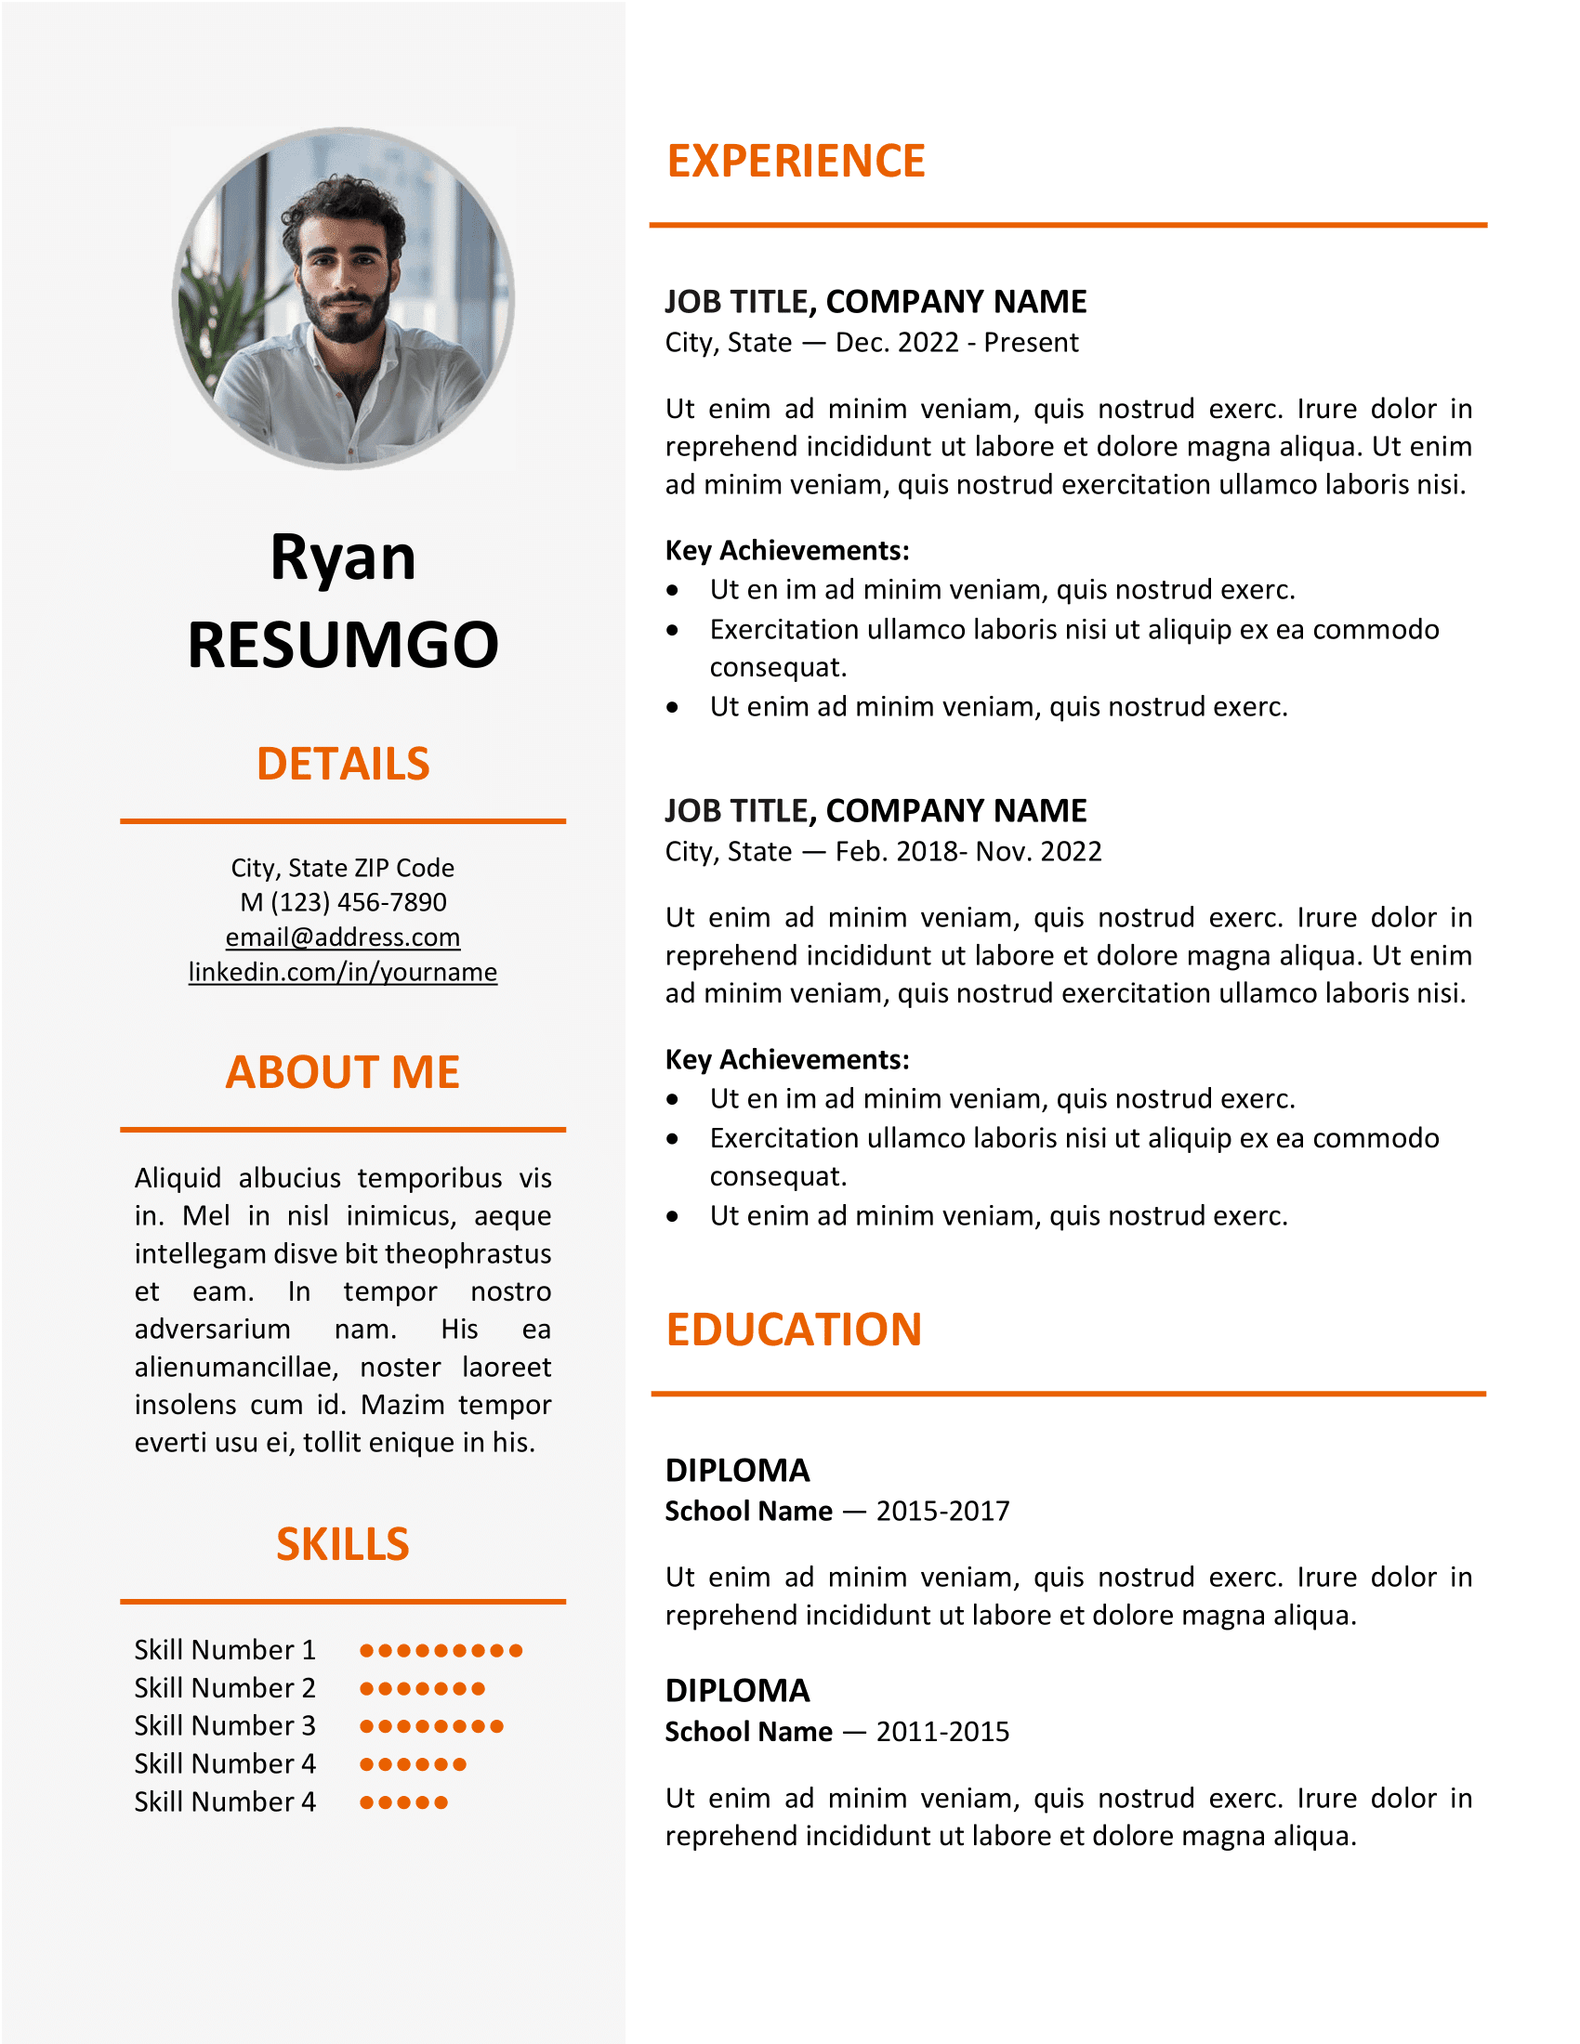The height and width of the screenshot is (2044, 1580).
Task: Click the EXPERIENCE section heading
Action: pos(796,161)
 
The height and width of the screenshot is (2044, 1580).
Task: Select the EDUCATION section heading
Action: pos(794,1330)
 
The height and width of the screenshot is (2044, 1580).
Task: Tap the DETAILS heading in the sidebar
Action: pos(343,764)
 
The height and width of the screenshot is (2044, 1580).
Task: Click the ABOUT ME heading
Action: pos(343,1072)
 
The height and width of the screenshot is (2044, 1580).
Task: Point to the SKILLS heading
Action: pos(343,1544)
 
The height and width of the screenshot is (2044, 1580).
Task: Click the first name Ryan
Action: pos(343,558)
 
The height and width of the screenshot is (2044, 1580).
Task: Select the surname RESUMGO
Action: pos(343,646)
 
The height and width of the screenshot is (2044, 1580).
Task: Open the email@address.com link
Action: pos(343,937)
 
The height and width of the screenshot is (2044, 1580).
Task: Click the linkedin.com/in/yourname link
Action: pos(343,972)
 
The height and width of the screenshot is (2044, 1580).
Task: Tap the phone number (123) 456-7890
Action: pos(359,902)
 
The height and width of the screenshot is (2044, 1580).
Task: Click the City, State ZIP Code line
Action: pos(343,868)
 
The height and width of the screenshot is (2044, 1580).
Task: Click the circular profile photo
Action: pos(343,298)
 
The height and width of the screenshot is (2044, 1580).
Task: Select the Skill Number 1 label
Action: pos(225,1650)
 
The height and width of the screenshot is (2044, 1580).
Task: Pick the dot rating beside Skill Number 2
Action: pos(422,1689)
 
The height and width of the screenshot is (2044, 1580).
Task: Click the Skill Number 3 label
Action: pos(225,1726)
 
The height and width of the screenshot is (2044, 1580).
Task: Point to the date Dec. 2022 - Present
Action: pos(956,343)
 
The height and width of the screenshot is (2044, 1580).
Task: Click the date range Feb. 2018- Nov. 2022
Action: pos(968,852)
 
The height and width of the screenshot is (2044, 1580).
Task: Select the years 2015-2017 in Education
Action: pos(942,1512)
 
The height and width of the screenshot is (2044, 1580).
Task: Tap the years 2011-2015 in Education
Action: pos(942,1733)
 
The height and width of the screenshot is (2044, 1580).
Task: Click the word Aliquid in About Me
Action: pos(178,1178)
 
